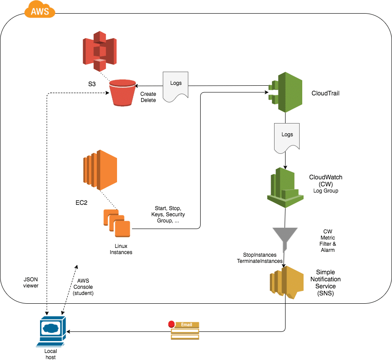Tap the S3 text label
92,84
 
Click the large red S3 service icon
99,51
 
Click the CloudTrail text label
325,93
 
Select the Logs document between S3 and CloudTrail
176,87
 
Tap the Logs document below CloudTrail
287,138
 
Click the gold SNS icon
286,282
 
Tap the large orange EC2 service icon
99,169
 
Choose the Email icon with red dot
185,330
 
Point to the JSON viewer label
31,282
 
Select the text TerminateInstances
259,261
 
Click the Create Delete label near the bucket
148,97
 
